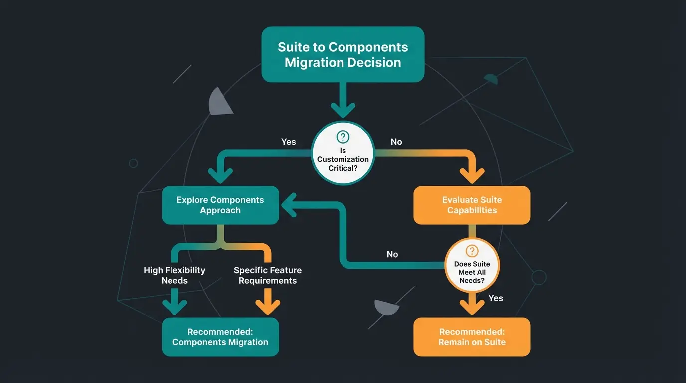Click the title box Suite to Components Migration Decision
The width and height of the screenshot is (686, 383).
(343, 55)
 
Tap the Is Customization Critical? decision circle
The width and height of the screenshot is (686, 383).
(343, 153)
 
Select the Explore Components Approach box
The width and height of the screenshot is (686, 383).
(220, 205)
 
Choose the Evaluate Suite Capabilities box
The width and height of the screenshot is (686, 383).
(472, 205)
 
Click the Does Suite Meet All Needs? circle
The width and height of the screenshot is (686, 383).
(472, 265)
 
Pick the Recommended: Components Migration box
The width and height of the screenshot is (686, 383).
(220, 337)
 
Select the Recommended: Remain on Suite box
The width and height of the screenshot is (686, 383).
(472, 337)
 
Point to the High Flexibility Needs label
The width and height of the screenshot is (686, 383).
(174, 275)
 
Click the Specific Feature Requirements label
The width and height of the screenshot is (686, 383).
(268, 275)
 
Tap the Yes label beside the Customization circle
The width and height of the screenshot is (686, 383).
(288, 142)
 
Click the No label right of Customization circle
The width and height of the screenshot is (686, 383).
(396, 142)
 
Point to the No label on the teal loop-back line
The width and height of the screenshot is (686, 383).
(392, 254)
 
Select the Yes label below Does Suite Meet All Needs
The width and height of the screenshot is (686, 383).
(496, 298)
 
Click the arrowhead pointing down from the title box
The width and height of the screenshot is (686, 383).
(343, 109)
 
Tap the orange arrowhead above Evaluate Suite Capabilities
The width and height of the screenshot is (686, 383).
(472, 175)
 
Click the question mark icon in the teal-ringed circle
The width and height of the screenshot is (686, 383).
(343, 137)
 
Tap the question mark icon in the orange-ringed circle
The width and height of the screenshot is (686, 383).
(472, 251)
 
